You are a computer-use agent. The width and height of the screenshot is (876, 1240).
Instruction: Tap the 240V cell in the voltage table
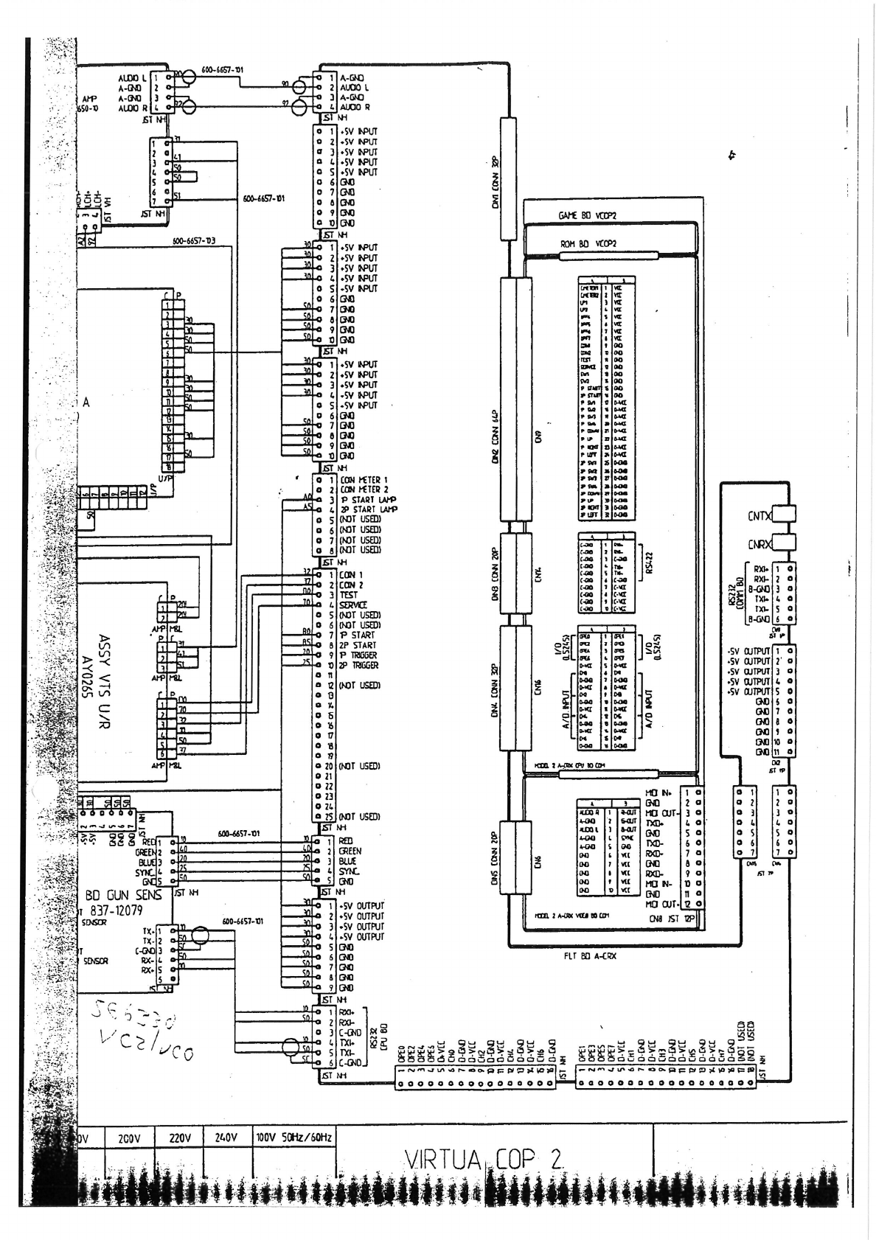[226, 1139]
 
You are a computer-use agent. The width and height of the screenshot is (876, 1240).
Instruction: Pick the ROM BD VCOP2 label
[589, 244]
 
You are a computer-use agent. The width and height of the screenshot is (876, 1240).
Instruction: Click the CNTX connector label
[759, 517]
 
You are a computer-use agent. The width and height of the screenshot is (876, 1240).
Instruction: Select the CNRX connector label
[759, 546]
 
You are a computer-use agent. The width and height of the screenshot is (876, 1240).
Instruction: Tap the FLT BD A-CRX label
[594, 956]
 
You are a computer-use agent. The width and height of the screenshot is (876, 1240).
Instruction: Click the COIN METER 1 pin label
[364, 480]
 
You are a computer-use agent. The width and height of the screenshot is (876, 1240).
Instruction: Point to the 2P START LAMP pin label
[369, 509]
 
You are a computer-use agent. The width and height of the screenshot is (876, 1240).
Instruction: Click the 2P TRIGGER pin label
[359, 665]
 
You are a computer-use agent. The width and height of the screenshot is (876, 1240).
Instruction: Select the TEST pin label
[349, 594]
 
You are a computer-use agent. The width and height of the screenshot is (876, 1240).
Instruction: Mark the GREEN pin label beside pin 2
[351, 851]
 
